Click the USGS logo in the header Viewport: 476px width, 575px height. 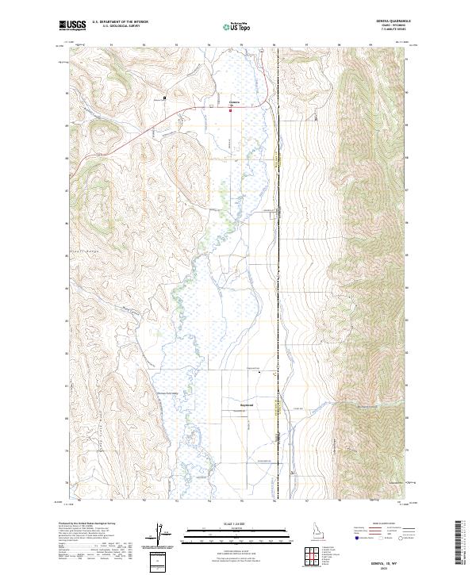coord(72,25)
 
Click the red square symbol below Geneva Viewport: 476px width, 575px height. coord(231,111)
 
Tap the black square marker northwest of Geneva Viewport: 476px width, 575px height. coord(164,98)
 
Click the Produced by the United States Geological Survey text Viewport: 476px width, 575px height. coord(87,524)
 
